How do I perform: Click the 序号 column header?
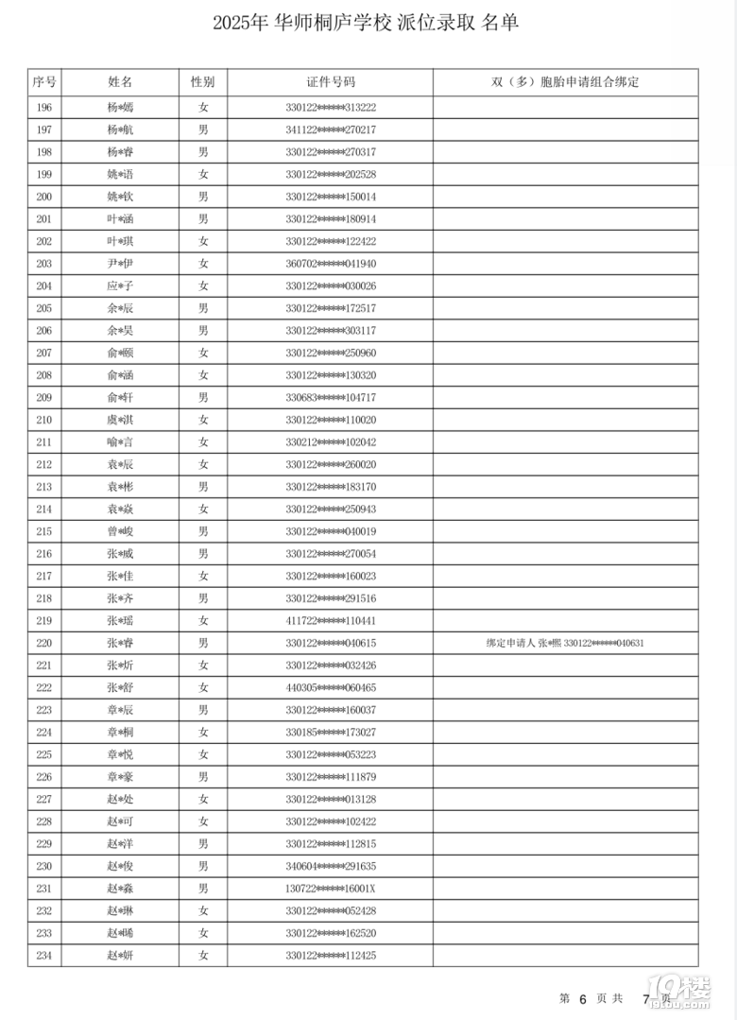click(x=43, y=82)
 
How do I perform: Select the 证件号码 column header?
click(x=331, y=82)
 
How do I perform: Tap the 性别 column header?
click(x=202, y=82)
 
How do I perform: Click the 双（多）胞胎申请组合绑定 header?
click(x=565, y=82)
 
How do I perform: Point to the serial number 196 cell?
click(x=43, y=108)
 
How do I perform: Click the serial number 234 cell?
click(x=43, y=956)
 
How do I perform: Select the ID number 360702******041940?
click(x=331, y=264)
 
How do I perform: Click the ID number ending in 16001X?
click(x=331, y=889)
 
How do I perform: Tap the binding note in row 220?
click(x=565, y=643)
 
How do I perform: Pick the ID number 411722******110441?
click(x=331, y=621)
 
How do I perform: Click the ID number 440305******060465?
click(x=331, y=687)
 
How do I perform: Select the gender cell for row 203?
click(x=202, y=264)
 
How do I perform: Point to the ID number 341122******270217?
click(x=331, y=130)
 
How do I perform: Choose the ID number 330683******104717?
click(x=331, y=397)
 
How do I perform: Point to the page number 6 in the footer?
click(x=583, y=998)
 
